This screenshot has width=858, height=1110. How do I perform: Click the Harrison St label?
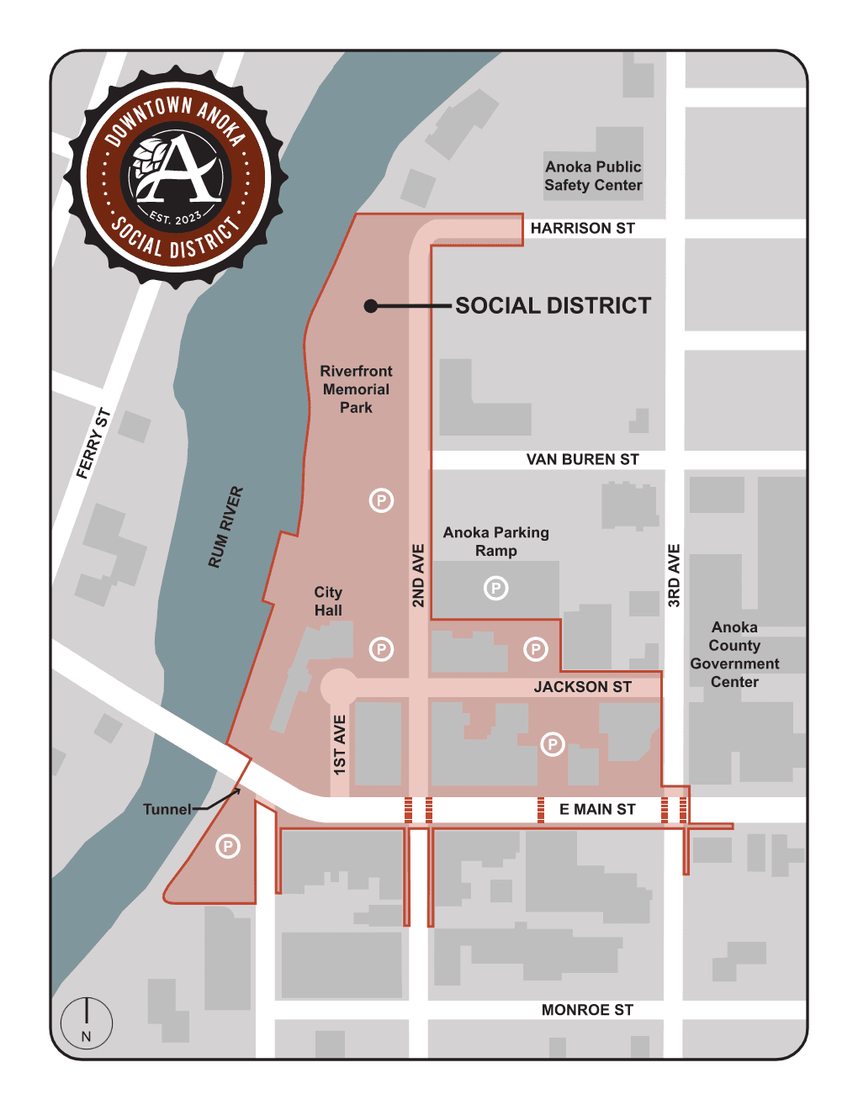pos(582,229)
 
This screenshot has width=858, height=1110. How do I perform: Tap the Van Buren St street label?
pos(582,460)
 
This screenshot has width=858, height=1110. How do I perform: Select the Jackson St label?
pos(582,687)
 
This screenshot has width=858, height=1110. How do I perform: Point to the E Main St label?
pos(597,810)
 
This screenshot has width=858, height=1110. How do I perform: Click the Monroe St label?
pos(587,1010)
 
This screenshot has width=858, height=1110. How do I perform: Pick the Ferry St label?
pos(93,443)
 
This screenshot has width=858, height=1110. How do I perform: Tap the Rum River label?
pos(225,527)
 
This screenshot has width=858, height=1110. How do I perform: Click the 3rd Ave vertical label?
pos(674,576)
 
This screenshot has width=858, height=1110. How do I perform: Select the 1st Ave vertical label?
pos(340,745)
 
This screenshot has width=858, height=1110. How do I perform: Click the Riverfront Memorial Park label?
pos(356,389)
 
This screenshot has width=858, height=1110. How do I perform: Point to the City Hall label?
pos(328,601)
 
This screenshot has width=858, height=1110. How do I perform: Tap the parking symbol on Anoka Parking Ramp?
pos(496,589)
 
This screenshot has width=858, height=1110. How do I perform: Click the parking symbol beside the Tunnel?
pos(228,847)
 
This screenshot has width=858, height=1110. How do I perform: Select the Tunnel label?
pos(167,810)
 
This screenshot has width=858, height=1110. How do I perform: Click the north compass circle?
pos(87,1023)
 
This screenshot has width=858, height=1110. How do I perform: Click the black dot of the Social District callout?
pos(370,306)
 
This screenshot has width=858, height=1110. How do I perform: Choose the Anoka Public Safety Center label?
pos(593,176)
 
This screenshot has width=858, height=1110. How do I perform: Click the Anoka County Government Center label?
pos(734,655)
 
